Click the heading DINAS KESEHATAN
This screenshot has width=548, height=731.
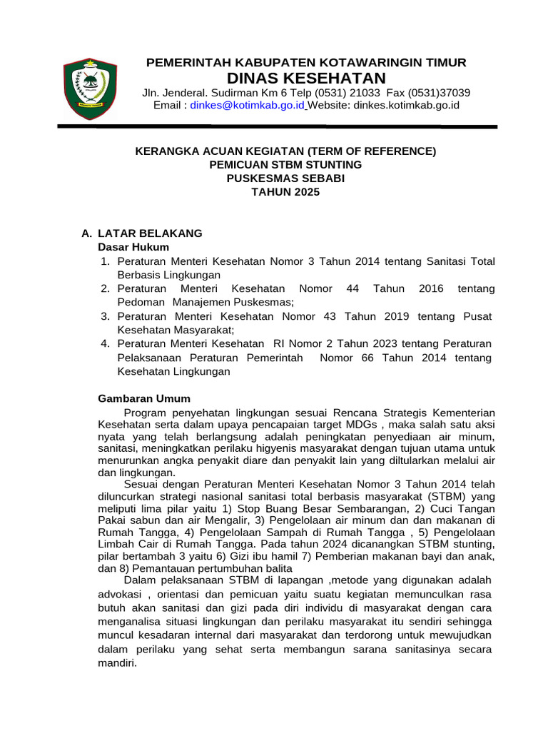306,78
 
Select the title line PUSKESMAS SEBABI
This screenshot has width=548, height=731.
285,178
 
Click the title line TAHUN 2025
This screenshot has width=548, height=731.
285,192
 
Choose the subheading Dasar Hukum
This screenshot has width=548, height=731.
133,247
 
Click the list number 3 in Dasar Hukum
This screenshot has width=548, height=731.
104,316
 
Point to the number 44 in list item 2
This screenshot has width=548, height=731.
352,288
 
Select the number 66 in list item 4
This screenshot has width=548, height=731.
367,358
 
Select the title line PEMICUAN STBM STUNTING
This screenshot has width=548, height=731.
285,165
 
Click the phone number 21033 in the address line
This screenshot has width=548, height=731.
366,93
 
